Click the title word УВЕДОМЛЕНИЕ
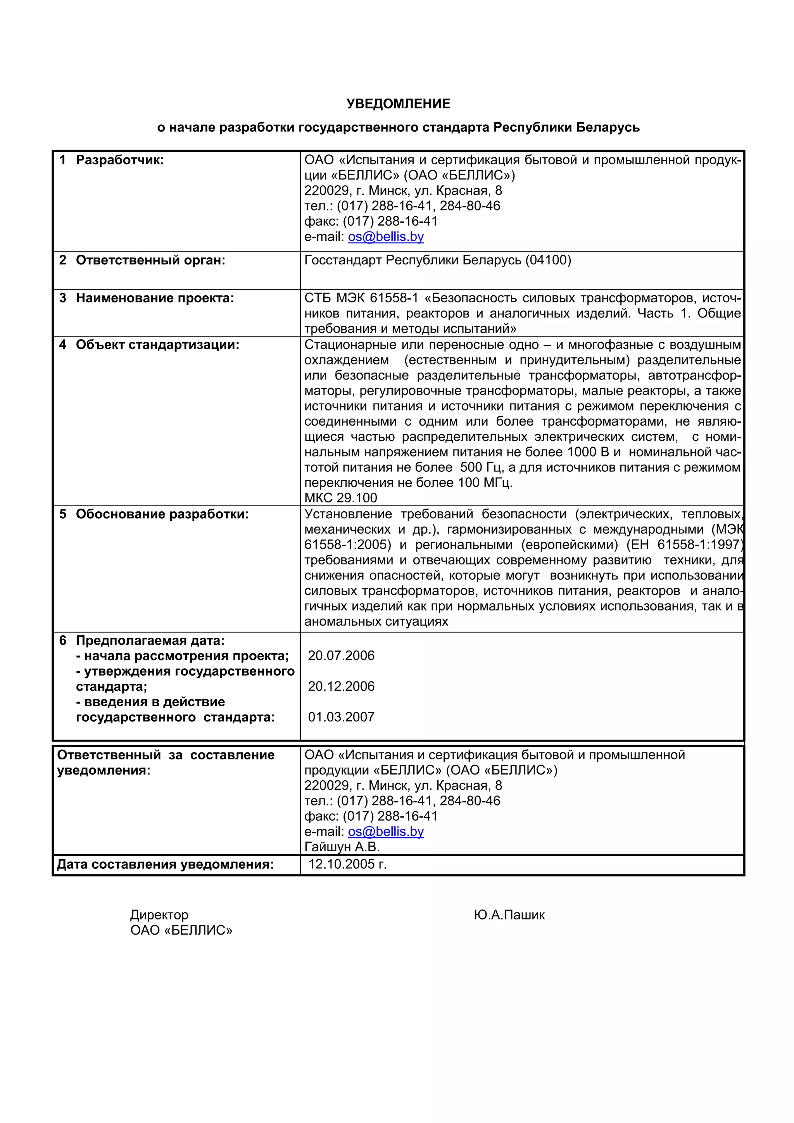(x=398, y=104)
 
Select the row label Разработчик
(x=119, y=160)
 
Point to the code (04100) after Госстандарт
(x=548, y=260)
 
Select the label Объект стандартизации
(x=157, y=345)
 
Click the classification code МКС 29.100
(x=340, y=498)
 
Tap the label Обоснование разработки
(x=162, y=514)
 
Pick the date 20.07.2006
(x=341, y=656)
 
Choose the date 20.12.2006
(x=341, y=686)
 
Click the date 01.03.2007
(x=341, y=717)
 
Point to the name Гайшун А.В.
(x=342, y=847)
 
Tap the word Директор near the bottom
(x=159, y=914)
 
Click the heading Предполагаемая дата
(x=150, y=640)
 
